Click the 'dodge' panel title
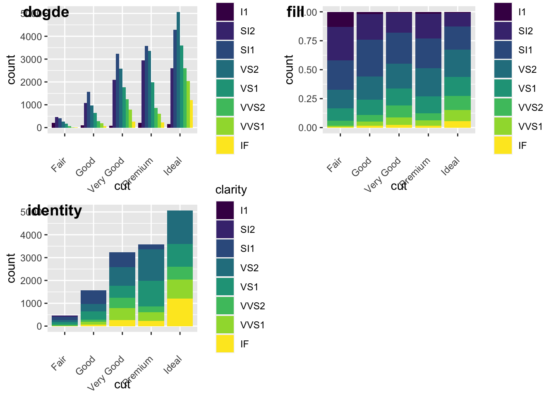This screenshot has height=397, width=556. [x=46, y=12]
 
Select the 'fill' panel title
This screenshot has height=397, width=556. [x=295, y=12]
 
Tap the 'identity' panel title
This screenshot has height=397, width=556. [x=55, y=211]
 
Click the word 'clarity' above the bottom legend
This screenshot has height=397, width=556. [x=231, y=190]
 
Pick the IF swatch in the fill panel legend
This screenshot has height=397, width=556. [x=503, y=146]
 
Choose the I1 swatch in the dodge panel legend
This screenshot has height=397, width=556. [x=225, y=12]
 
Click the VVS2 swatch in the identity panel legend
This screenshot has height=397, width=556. [x=225, y=306]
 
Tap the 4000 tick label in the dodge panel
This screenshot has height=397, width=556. [x=31, y=37]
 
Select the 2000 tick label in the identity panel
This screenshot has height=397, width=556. [x=31, y=281]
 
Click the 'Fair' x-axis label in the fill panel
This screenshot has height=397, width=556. [x=334, y=164]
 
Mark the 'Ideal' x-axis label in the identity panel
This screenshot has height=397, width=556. [x=173, y=364]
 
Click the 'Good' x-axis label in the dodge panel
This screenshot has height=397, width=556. [x=86, y=167]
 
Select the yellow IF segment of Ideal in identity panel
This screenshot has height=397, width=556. [x=180, y=312]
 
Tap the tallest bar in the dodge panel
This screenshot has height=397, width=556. [x=178, y=70]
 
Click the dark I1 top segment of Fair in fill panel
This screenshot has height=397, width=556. [x=340, y=19]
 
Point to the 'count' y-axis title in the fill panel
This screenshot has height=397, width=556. [x=289, y=69]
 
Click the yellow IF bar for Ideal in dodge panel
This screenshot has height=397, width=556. [x=192, y=114]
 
